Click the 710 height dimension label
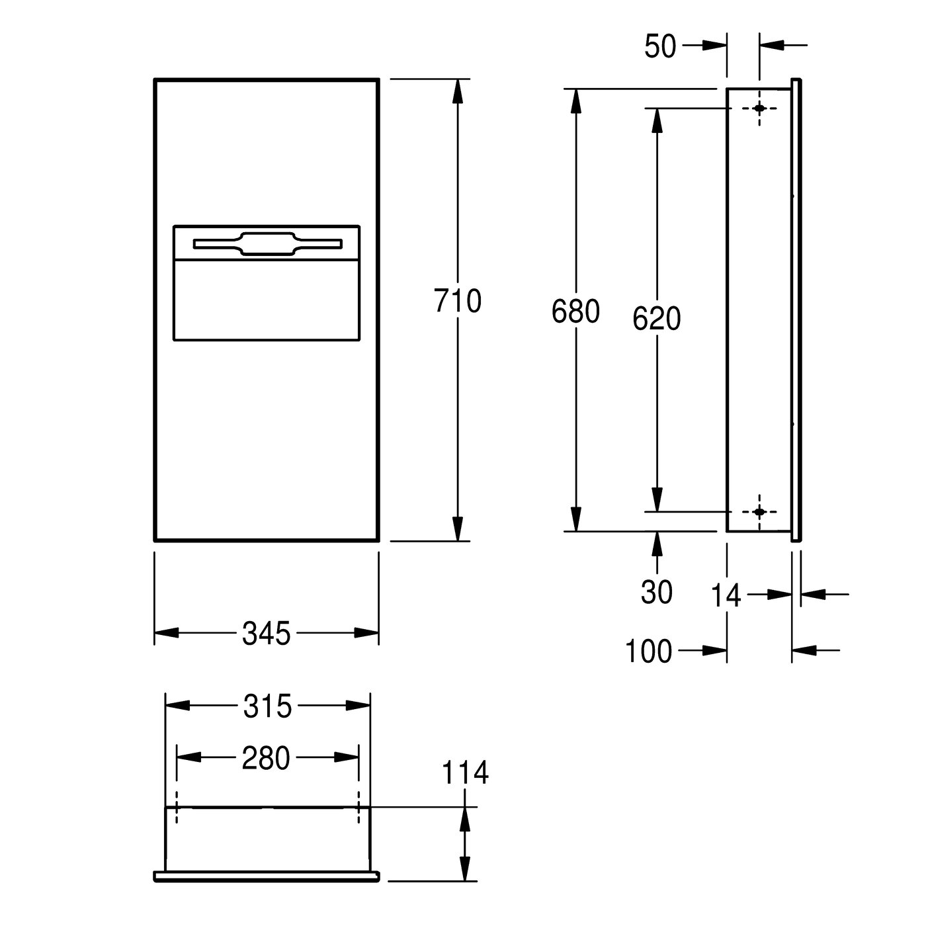457,301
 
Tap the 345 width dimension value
266,632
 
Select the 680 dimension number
575,311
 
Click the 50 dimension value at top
660,46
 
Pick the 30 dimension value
656,592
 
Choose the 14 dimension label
726,596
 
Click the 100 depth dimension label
648,651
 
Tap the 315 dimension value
267,706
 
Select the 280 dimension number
266,758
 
